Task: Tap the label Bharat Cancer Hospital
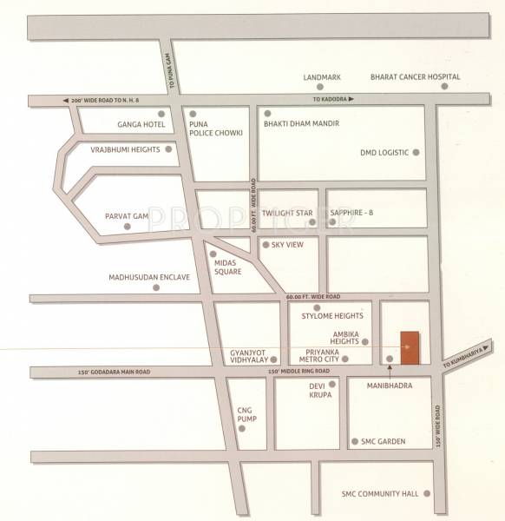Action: click(x=415, y=76)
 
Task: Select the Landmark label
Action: click(x=321, y=76)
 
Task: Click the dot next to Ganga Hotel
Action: click(x=161, y=114)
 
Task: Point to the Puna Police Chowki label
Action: click(x=208, y=129)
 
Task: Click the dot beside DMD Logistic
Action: click(x=416, y=152)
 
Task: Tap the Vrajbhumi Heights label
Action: click(x=126, y=149)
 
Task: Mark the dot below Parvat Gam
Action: click(x=128, y=227)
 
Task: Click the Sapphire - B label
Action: click(x=355, y=213)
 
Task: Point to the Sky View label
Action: click(x=286, y=245)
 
